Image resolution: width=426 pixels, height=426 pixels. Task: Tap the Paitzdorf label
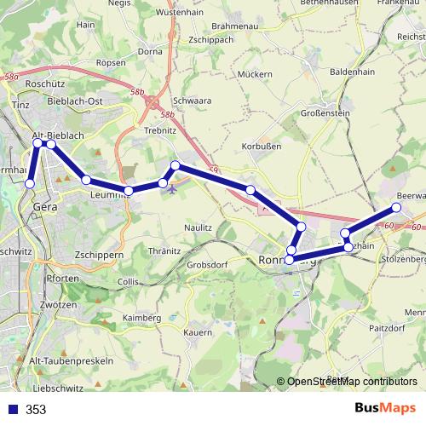[386, 327]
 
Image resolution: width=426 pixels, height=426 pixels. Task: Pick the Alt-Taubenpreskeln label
[71, 361]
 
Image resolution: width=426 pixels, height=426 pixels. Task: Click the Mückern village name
[256, 74]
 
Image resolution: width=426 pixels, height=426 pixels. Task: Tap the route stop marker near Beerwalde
[396, 208]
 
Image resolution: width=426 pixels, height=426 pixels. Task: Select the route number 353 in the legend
[36, 410]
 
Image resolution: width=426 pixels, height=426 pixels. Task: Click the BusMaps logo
[385, 409]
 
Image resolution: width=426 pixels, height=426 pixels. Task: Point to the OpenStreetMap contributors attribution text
[352, 382]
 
